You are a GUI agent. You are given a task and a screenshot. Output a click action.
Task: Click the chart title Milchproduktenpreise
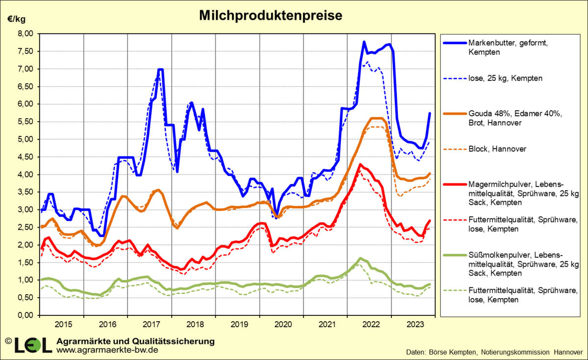(270, 16)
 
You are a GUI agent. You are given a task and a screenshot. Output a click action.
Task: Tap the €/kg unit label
(16, 19)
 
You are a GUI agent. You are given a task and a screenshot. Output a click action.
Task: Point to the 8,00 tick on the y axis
(25, 34)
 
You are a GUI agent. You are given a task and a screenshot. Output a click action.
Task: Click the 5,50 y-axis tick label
(25, 122)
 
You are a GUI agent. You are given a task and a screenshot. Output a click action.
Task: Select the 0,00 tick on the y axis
(25, 315)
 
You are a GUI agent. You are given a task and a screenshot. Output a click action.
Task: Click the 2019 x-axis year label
(240, 324)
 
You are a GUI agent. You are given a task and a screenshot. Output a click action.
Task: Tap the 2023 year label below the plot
(416, 324)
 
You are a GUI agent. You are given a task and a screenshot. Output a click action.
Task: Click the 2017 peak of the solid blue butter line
(160, 70)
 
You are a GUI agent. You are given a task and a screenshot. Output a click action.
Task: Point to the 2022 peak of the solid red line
(360, 164)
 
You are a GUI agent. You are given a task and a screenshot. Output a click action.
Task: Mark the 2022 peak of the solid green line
(360, 258)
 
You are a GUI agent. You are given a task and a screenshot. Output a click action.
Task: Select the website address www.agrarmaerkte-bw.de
(107, 350)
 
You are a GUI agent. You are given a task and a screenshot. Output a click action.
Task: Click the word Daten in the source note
(416, 352)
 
